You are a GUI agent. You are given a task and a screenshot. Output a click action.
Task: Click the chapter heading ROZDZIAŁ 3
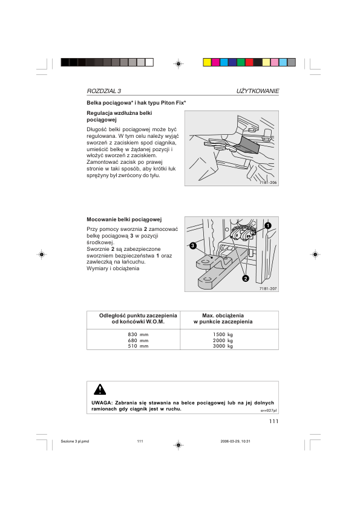point(104,91)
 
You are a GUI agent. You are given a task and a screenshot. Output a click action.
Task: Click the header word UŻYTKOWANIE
point(258,91)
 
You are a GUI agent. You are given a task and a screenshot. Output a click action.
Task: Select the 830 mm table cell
point(138,334)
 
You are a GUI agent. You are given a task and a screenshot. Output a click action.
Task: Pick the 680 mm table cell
point(138,340)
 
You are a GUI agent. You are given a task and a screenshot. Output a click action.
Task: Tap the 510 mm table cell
point(138,346)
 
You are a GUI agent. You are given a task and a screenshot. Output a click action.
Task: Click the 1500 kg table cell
point(223,334)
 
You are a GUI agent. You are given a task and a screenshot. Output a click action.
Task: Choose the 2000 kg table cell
point(223,340)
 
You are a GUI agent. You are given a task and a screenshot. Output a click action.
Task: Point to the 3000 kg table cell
point(223,346)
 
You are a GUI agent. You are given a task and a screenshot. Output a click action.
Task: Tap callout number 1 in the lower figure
point(267,225)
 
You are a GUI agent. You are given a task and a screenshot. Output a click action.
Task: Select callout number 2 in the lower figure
point(246,279)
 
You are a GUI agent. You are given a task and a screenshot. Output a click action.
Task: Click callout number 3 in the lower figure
point(192,246)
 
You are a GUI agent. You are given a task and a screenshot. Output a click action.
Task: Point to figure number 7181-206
point(268,182)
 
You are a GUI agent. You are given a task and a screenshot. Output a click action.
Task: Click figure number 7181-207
point(268,288)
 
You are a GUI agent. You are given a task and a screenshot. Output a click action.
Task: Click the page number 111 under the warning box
point(272,421)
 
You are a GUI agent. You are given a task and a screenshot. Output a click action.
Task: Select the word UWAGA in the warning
point(98,403)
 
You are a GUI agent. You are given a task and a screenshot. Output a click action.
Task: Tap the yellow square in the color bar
point(207,62)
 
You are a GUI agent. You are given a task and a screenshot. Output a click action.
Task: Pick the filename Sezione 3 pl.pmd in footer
point(74,441)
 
